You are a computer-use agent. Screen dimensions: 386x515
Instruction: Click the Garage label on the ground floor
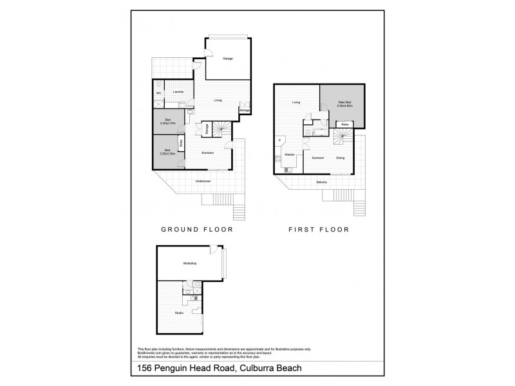[x=227, y=59]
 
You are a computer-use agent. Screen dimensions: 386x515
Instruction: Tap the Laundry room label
[x=178, y=92]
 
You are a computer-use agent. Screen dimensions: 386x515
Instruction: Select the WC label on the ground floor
[x=158, y=93]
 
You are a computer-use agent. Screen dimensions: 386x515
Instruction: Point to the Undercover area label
[x=203, y=181]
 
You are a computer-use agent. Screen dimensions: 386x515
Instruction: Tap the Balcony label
[x=322, y=182]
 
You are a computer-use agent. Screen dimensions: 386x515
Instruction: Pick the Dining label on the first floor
[x=341, y=157]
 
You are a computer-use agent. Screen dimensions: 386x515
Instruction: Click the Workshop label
[x=189, y=264]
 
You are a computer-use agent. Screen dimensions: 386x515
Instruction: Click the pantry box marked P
[x=279, y=140]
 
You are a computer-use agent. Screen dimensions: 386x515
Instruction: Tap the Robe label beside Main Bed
[x=345, y=124]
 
